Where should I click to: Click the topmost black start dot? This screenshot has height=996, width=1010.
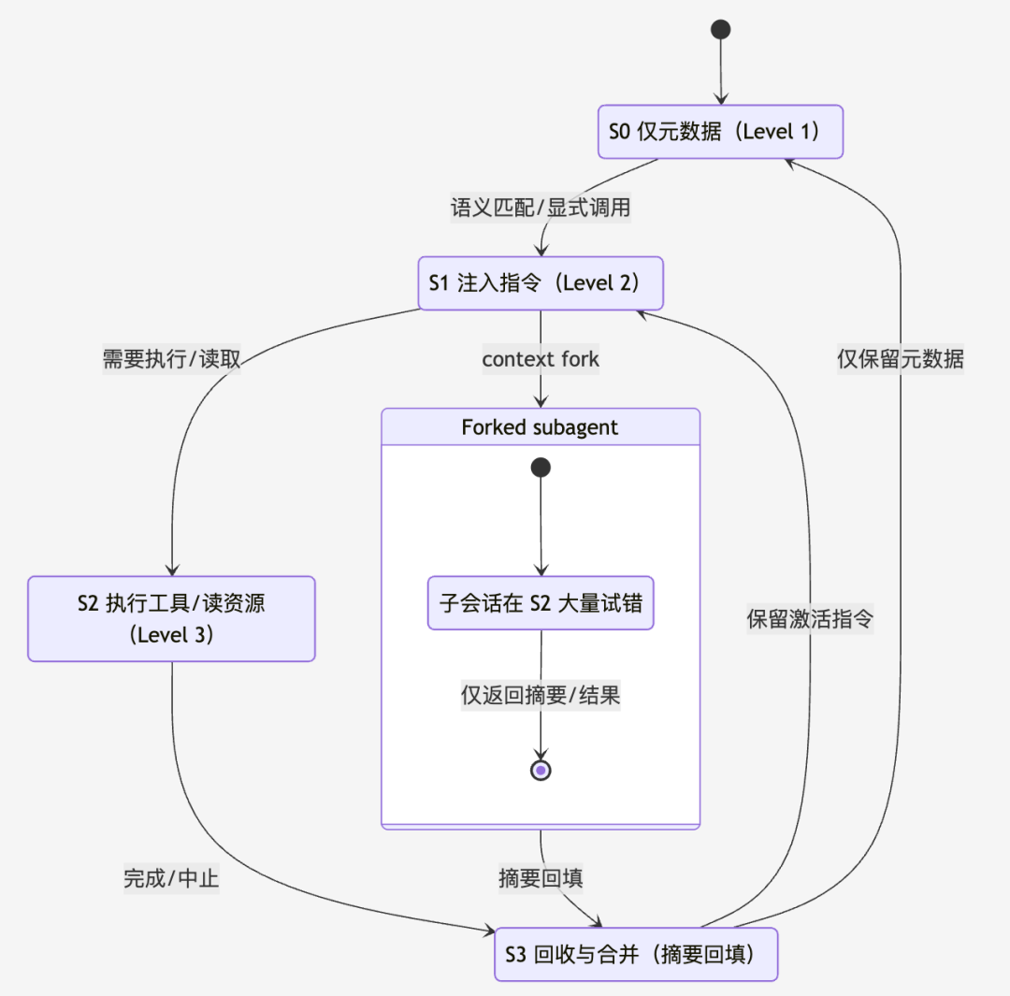720,29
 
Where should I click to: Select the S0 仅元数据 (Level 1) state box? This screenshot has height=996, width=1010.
720,131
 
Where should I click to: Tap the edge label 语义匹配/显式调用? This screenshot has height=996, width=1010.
541,208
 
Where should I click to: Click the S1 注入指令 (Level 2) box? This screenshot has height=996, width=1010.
541,283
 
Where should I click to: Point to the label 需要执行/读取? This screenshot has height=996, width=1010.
172,359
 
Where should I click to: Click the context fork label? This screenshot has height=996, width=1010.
541,359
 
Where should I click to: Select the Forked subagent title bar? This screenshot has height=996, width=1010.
541,427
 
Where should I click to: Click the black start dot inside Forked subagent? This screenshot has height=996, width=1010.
541,468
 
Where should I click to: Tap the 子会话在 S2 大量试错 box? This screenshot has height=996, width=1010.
541,603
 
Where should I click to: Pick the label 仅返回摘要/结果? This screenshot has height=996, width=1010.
541,695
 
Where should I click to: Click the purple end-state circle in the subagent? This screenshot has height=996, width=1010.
541,770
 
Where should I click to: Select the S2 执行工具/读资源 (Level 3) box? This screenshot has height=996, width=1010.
171,618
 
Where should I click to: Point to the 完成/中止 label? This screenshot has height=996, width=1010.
171,879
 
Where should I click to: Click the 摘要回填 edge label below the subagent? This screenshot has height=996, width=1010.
541,879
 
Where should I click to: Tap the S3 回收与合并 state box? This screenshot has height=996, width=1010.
636,954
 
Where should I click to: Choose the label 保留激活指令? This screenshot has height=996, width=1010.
810,619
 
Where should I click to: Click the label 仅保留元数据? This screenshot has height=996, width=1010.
900,359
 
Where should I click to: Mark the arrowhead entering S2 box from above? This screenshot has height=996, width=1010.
171,570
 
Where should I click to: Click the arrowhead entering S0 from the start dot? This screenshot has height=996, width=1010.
720,98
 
